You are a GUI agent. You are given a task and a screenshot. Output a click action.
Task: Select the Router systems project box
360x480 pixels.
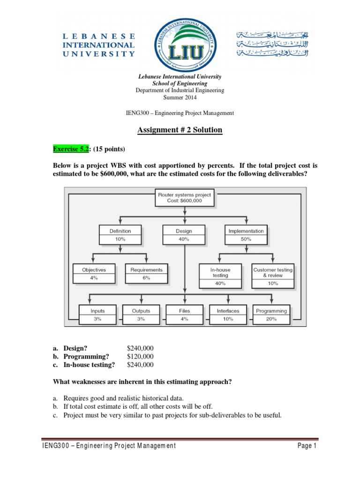pyautogui.click(x=184, y=197)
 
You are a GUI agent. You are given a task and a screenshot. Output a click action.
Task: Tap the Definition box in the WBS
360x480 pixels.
pyautogui.click(x=120, y=235)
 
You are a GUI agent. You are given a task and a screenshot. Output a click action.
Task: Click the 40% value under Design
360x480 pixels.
pyautogui.click(x=184, y=239)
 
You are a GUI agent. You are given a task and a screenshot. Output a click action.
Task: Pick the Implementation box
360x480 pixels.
pyautogui.click(x=246, y=235)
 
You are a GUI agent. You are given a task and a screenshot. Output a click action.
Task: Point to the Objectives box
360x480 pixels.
pyautogui.click(x=94, y=274)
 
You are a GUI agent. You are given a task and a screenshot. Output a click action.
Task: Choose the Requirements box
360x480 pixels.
pyautogui.click(x=146, y=274)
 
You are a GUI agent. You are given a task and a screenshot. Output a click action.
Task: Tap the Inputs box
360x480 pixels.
pyautogui.click(x=97, y=315)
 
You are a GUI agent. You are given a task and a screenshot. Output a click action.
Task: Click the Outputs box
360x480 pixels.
pyautogui.click(x=141, y=315)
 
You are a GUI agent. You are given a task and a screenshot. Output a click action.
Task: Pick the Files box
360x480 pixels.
pyautogui.click(x=184, y=315)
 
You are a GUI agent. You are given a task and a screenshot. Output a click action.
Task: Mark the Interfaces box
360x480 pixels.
pyautogui.click(x=228, y=315)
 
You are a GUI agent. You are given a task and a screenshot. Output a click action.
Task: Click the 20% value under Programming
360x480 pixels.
pyautogui.click(x=271, y=319)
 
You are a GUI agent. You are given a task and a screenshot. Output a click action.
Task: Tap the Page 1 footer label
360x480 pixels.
pyautogui.click(x=307, y=446)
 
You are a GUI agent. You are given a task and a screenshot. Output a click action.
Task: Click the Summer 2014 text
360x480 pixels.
pyautogui.click(x=180, y=97)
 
